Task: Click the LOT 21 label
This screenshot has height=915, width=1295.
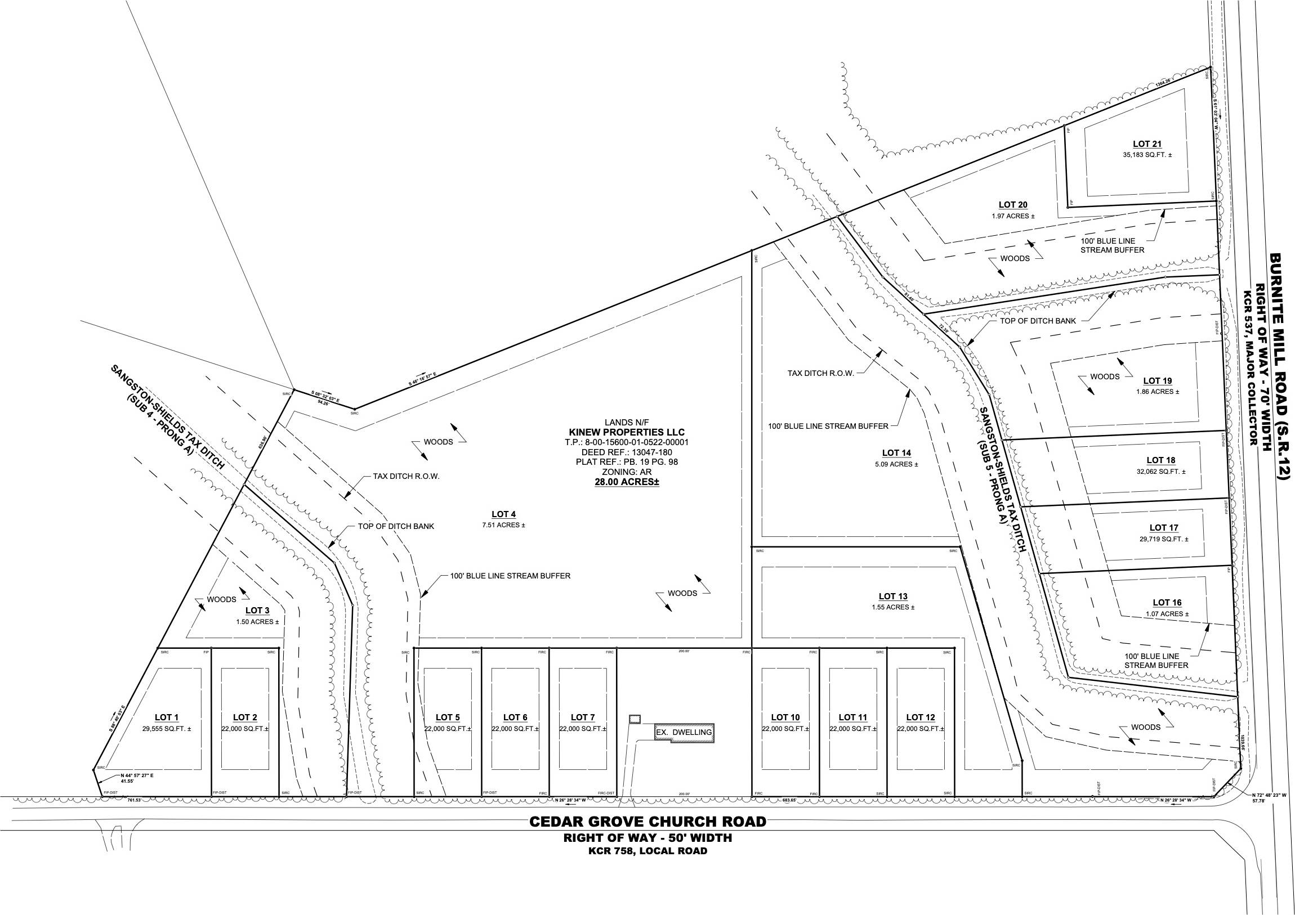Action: [1147, 144]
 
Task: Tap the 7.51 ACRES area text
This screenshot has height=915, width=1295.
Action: [504, 525]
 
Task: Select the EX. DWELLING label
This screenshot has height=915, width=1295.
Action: [684, 732]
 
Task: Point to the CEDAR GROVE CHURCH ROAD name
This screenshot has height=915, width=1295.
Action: [647, 822]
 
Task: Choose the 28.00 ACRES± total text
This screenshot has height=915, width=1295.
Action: [627, 483]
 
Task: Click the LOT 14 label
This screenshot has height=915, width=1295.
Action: [896, 452]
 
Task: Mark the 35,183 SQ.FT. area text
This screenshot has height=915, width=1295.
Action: [1147, 155]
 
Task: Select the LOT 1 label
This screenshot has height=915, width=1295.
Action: [167, 717]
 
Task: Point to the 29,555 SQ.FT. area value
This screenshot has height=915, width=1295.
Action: [167, 728]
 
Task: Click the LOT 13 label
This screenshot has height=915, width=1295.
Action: [893, 596]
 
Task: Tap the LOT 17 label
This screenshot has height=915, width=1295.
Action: [1164, 528]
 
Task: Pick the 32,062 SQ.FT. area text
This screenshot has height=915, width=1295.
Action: [1161, 472]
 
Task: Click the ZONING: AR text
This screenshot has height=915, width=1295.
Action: [627, 472]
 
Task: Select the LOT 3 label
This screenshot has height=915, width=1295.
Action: [257, 610]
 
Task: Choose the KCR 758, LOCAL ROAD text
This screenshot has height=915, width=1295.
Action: [647, 851]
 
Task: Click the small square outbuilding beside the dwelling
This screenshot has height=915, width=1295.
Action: [635, 719]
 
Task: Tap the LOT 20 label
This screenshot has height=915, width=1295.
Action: [1013, 205]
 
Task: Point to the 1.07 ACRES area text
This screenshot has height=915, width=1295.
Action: [1167, 614]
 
